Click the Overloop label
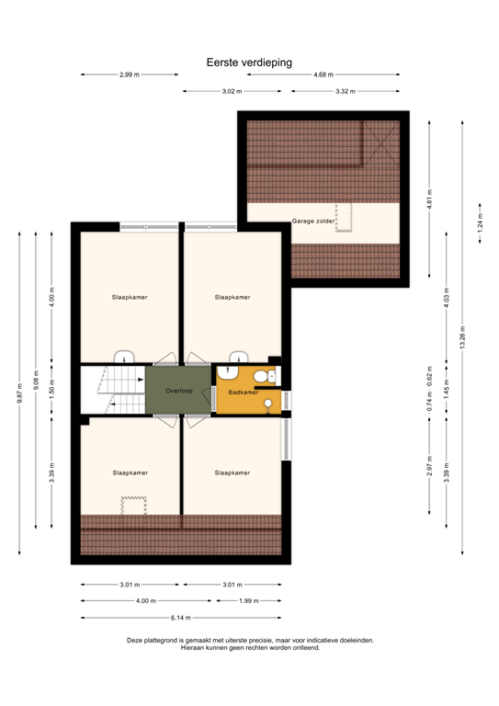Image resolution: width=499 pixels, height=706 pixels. pos(178,391)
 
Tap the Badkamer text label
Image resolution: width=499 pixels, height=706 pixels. pos(243,392)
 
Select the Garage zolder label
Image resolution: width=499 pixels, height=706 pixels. pos(313,222)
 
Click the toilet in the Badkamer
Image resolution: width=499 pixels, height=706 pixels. pos(262,376)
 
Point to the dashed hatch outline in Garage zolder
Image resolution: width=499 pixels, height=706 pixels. pos(345,217)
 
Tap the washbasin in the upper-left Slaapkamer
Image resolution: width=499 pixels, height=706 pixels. pos(123,358)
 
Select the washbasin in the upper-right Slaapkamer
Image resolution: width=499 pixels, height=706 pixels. pos(239,358)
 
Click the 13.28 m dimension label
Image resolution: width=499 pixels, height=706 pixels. pos(462,337)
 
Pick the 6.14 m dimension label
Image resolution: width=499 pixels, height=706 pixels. pos(181,618)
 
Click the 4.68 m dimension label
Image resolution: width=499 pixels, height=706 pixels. pos(323,74)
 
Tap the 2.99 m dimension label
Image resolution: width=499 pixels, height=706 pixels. pos(129,74)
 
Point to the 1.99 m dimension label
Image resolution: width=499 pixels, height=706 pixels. pos(249,600)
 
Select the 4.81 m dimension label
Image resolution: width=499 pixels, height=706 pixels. pos(428,199)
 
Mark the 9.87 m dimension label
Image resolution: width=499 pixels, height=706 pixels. pos(19,393)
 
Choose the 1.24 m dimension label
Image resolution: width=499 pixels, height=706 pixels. pos(479,223)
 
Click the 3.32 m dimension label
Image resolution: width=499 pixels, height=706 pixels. pos(345,91)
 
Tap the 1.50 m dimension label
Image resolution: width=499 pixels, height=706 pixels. pos(51,390)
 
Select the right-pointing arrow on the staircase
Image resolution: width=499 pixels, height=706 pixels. pos(111,401)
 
